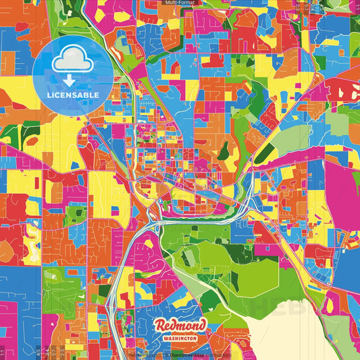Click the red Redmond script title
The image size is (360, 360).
pos(180,326)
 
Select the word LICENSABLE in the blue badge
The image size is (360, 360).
pos(74,95)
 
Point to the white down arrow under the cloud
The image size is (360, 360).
pos(73,80)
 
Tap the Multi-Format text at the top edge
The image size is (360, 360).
pos(180,3)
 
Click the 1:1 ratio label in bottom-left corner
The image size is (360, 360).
pos(3,352)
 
